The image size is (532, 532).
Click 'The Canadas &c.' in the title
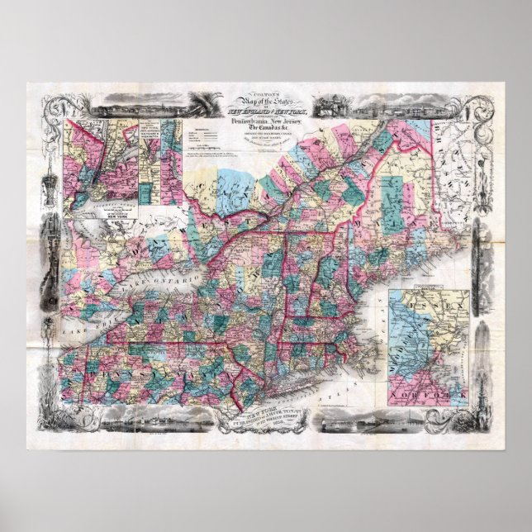click(x=266, y=142)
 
